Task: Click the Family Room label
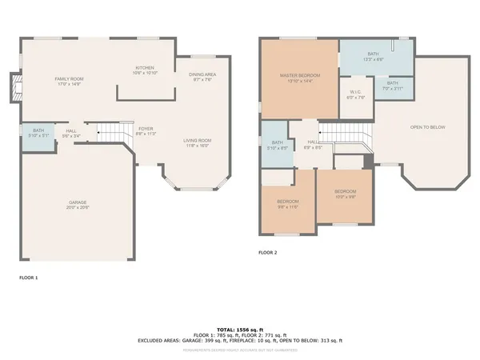[70, 79]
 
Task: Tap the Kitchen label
[144, 68]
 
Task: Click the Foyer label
[146, 129]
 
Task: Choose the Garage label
[78, 203]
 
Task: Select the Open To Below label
[427, 127]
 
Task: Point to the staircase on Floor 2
[346, 134]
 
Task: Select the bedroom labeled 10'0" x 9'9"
[345, 193]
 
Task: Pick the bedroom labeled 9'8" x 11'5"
[287, 203]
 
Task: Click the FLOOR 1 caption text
[28, 277]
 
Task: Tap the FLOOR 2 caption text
[267, 252]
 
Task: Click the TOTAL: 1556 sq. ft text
[239, 329]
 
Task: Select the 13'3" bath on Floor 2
[372, 56]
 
